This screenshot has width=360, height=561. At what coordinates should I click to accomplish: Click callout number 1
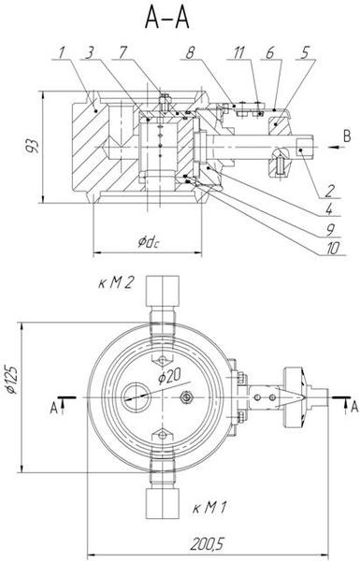[62, 52]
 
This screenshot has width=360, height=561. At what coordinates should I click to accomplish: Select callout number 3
[90, 52]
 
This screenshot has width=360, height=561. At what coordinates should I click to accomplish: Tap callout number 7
[122, 52]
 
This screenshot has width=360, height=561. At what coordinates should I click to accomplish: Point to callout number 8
[190, 52]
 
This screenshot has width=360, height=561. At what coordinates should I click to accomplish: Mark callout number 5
[304, 52]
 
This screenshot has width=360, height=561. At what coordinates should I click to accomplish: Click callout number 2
[329, 191]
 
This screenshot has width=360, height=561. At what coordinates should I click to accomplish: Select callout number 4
[329, 209]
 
